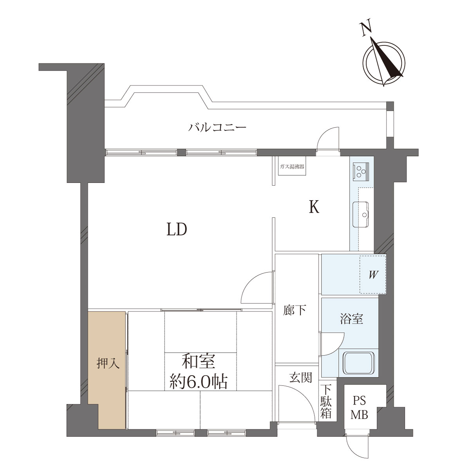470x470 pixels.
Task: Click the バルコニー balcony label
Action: point(217,127)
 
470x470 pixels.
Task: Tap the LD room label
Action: point(177,229)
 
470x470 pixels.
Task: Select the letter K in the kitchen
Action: point(314,207)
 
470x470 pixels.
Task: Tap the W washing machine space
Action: point(373,275)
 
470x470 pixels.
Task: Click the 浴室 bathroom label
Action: point(351,318)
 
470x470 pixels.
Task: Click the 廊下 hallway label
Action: point(295,311)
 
